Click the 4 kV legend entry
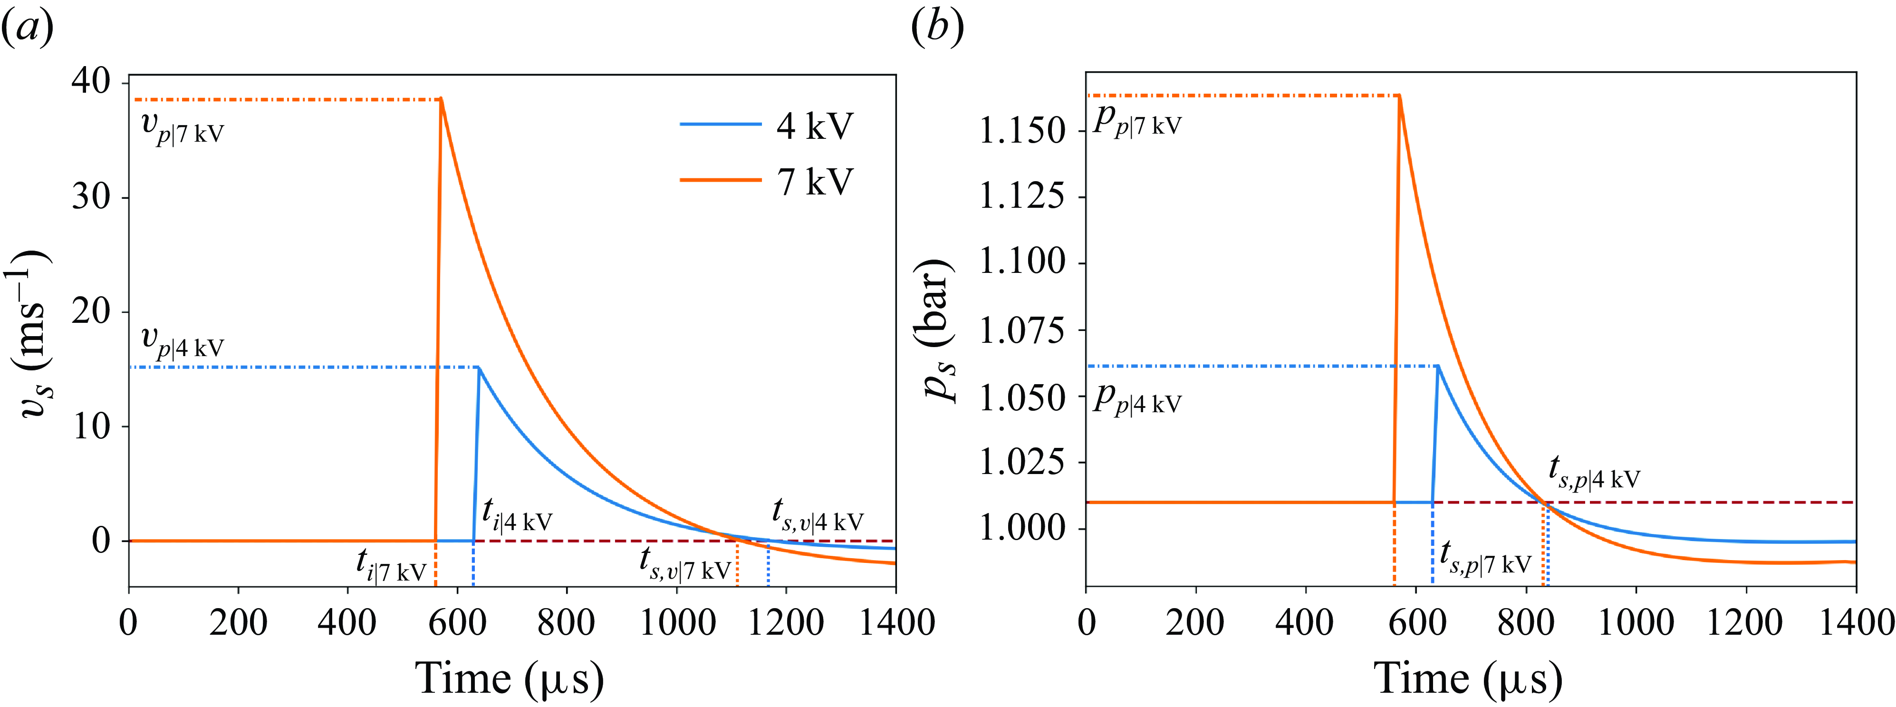pyautogui.click(x=813, y=126)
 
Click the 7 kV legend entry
pyautogui.click(x=813, y=181)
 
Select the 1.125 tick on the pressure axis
pyautogui.click(x=1021, y=197)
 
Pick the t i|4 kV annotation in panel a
pyautogui.click(x=517, y=515)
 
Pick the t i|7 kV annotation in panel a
pyautogui.click(x=392, y=566)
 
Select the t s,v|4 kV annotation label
pyautogui.click(x=817, y=515)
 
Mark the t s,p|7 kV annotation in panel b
pyautogui.click(x=1485, y=558)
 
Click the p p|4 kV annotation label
pyautogui.click(x=1137, y=399)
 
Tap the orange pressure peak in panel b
pyautogui.click(x=1399, y=95)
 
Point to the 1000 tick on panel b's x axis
pyautogui.click(x=1636, y=623)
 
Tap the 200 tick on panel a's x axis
pyautogui.click(x=238, y=623)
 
